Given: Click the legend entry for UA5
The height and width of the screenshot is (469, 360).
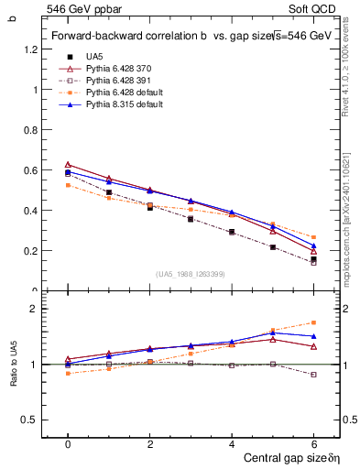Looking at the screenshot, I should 94,57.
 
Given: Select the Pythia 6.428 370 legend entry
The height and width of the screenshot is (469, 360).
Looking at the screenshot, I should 116,69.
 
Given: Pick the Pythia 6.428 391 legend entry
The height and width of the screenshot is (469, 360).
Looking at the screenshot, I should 116,81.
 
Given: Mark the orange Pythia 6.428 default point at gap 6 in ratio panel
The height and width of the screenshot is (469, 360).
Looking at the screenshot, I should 314,322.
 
